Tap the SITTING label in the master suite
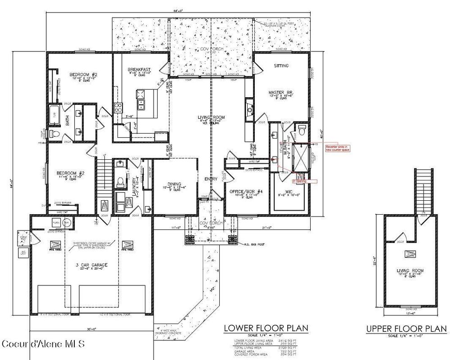tap(281, 66)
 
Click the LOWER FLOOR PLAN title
tap(266, 328)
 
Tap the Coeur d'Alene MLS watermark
tap(43, 344)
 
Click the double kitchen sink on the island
tap(141, 105)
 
